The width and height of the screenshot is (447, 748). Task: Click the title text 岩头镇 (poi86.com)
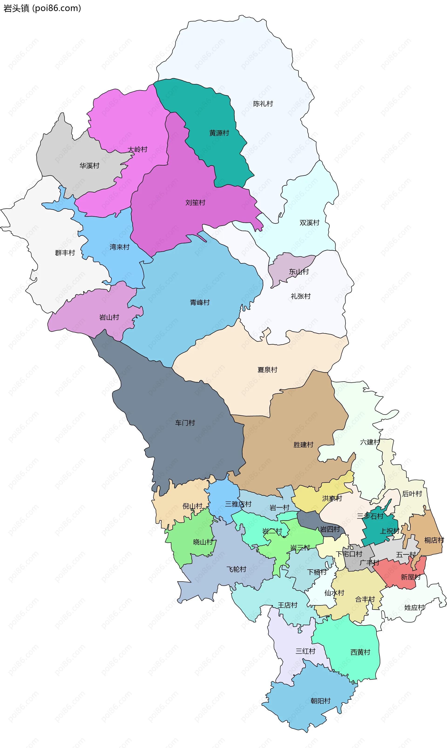(x=42, y=8)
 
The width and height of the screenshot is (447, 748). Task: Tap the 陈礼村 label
(x=263, y=104)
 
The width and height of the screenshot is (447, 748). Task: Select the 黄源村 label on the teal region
(x=219, y=133)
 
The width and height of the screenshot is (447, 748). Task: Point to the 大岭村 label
(x=137, y=149)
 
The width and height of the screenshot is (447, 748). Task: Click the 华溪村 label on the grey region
(x=89, y=166)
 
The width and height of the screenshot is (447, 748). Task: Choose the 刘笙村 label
(x=195, y=202)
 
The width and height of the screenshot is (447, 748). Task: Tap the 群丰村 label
(x=65, y=253)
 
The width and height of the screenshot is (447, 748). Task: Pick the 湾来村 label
(x=120, y=247)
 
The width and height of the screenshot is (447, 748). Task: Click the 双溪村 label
(x=309, y=223)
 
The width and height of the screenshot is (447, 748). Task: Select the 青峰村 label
(x=200, y=302)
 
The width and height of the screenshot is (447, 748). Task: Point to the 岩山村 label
(x=109, y=317)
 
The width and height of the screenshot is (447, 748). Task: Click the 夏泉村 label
(x=267, y=370)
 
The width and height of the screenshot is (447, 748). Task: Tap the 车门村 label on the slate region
(x=185, y=423)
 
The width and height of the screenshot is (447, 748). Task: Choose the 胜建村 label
(x=303, y=445)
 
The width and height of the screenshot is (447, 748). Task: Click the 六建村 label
(x=370, y=442)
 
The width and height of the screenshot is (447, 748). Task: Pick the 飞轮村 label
(x=237, y=569)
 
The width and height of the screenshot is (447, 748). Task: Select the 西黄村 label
(x=360, y=652)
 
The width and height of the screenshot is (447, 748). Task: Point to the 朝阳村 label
(x=321, y=701)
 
